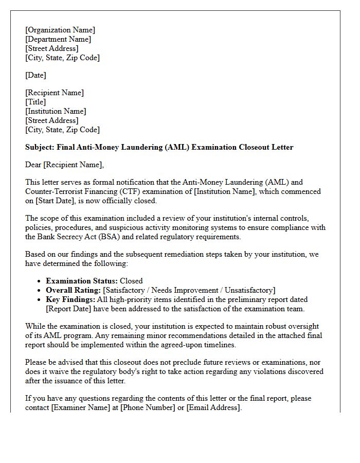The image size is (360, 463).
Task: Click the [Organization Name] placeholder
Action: click(x=60, y=30)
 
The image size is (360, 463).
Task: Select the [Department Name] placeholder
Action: click(x=58, y=40)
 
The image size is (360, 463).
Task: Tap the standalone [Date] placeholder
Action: click(x=35, y=76)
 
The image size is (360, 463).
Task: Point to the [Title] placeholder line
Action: click(x=35, y=102)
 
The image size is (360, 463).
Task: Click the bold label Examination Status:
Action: click(x=82, y=281)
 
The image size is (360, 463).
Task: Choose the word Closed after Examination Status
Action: click(x=131, y=281)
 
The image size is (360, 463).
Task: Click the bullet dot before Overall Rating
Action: click(x=40, y=291)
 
